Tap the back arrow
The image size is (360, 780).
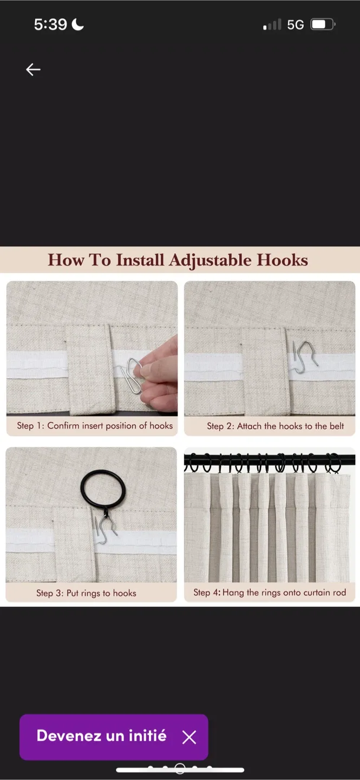[33, 69]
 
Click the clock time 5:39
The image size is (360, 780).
[50, 24]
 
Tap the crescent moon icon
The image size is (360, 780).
[78, 24]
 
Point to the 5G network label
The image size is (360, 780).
[296, 25]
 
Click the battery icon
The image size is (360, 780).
[323, 24]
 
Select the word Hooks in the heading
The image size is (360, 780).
[282, 260]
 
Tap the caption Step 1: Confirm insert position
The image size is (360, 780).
[95, 426]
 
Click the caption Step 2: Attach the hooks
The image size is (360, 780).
[275, 426]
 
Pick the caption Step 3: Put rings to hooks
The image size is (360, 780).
[86, 593]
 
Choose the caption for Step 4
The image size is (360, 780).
[270, 593]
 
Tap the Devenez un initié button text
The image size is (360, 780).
[101, 736]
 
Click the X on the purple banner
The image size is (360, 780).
[189, 737]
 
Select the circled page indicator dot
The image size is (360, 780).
[180, 769]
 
